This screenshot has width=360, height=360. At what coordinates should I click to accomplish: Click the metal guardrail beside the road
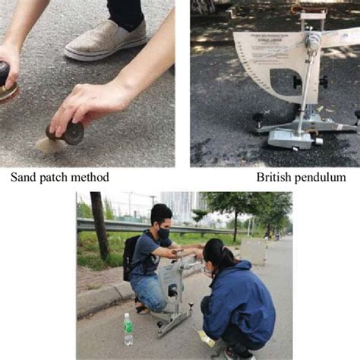pos(114,224)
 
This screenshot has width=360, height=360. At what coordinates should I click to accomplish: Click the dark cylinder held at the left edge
pos(6,80)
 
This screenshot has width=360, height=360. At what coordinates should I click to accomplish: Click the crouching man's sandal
pos(142,308)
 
